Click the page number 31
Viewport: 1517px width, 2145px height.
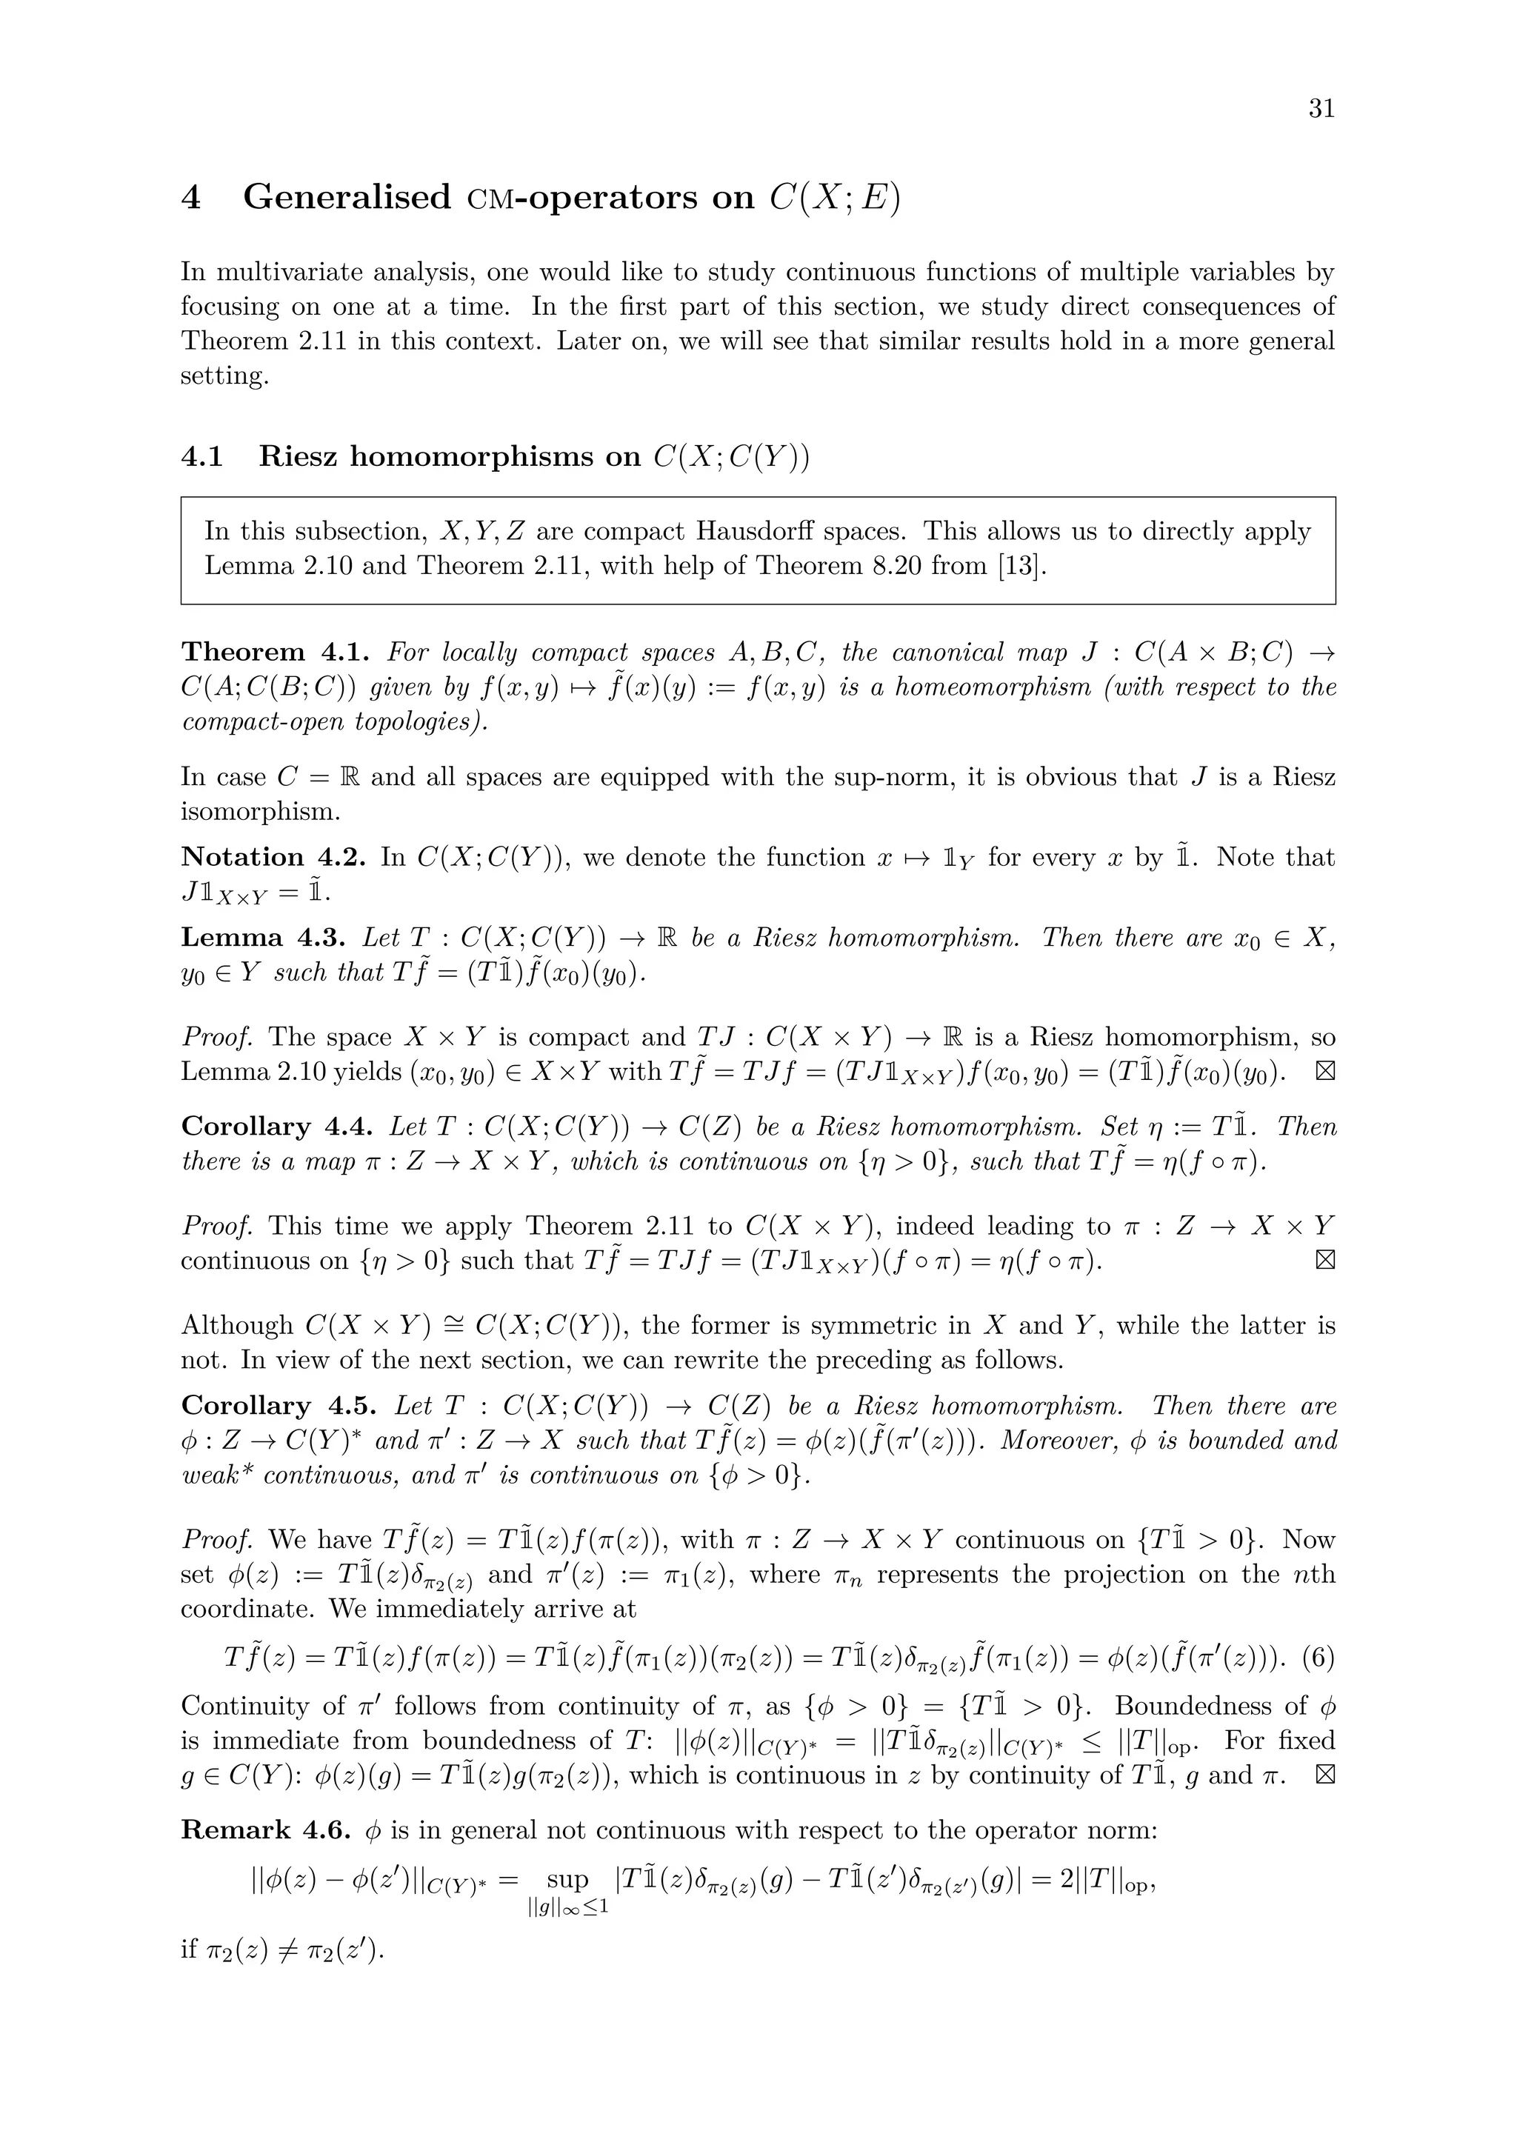1321,110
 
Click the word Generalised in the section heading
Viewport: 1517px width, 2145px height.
347,197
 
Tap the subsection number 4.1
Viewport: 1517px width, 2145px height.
201,456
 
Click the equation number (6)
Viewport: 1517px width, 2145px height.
1316,1658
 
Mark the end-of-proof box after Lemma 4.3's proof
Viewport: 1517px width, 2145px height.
1324,1072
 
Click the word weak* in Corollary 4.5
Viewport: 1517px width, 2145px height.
218,1475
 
